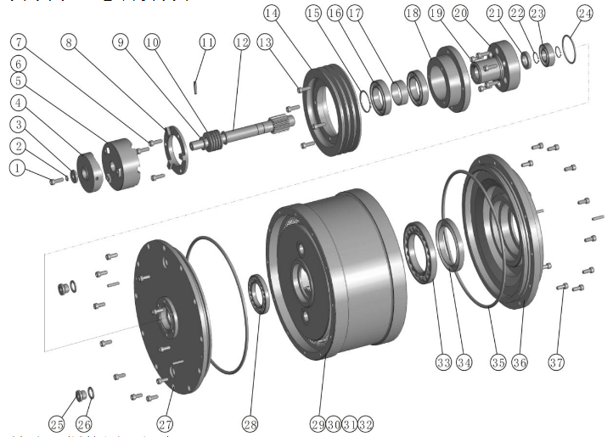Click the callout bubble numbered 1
click(x=16, y=169)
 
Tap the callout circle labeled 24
click(x=585, y=14)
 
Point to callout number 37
click(x=558, y=362)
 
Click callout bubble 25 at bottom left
click(x=57, y=423)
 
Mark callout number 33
click(x=442, y=362)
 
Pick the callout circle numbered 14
click(x=271, y=14)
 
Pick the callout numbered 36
click(x=519, y=362)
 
